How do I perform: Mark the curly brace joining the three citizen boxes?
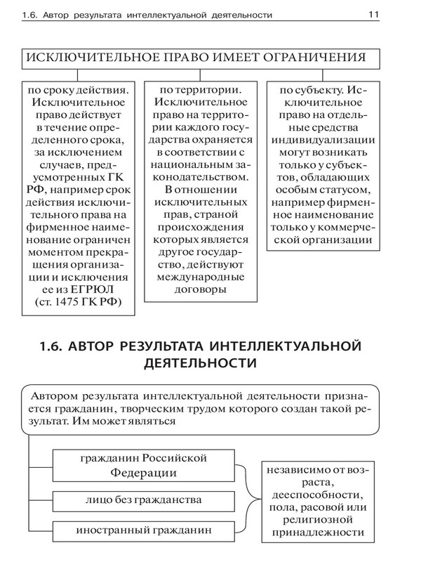[245, 501]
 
